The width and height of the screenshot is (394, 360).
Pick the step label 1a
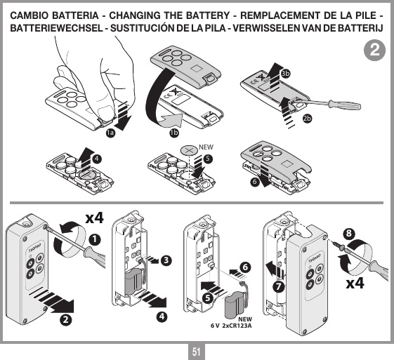[110, 133]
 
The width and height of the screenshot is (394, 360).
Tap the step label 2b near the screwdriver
[307, 118]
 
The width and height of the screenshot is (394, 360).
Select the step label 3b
[285, 73]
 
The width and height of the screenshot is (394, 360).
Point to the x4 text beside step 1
[94, 218]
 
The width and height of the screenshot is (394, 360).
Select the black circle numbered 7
[278, 287]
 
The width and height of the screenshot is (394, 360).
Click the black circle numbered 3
[166, 261]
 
